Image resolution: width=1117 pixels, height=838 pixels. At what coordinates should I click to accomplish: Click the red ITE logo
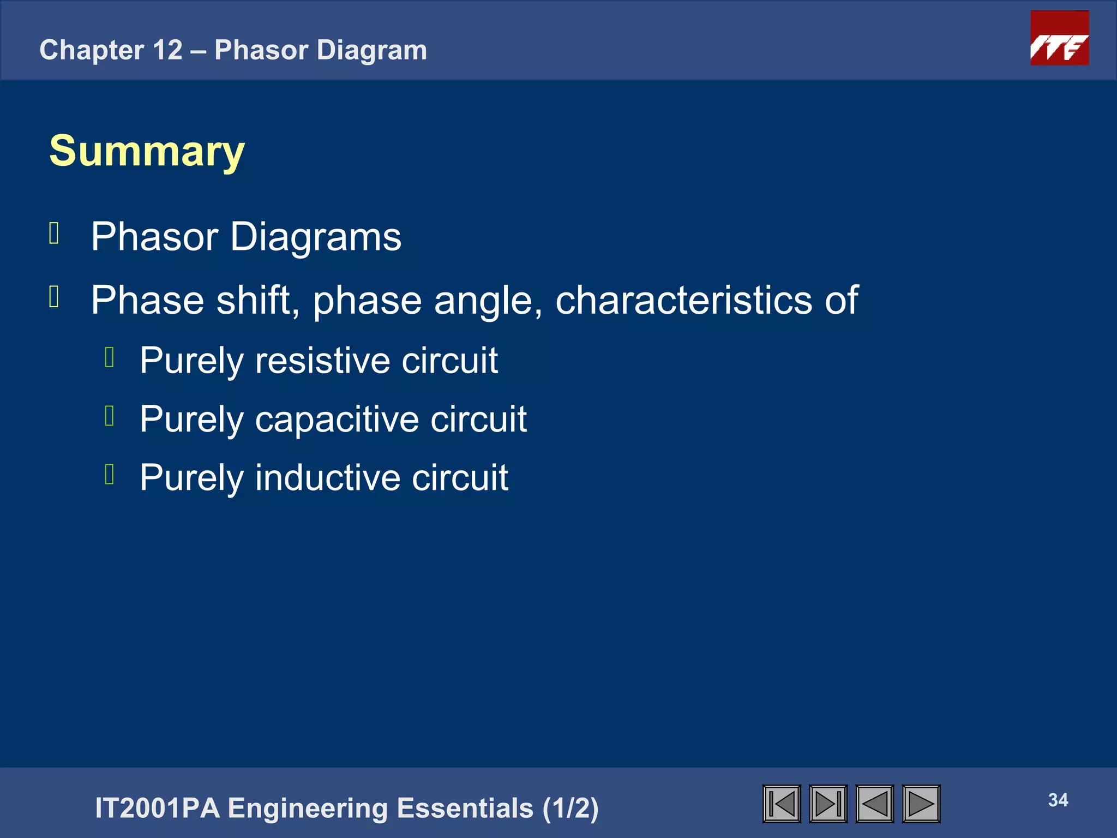[1059, 38]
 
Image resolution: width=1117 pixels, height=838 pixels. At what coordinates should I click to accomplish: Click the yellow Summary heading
[147, 151]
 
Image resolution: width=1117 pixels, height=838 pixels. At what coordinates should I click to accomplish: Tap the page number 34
[1058, 800]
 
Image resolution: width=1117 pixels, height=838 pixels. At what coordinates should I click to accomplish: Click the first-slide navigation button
[782, 804]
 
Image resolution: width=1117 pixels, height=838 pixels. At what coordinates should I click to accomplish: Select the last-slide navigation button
[828, 804]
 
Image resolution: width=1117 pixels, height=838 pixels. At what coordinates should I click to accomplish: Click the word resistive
[322, 361]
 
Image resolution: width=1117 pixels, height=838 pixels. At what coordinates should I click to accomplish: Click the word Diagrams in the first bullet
[316, 237]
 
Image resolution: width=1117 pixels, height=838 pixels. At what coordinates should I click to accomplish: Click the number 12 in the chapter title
[167, 50]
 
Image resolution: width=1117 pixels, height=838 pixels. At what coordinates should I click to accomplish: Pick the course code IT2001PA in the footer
[157, 808]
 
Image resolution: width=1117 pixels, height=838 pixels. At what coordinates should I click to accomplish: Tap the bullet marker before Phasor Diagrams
[54, 234]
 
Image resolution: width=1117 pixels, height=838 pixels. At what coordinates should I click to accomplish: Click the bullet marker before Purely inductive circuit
[109, 474]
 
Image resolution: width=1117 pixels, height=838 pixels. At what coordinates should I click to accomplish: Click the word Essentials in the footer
[465, 808]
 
